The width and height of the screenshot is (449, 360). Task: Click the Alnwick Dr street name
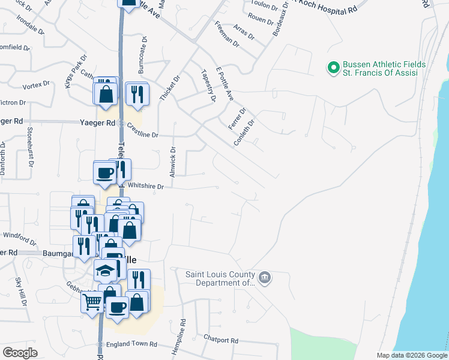click(172, 159)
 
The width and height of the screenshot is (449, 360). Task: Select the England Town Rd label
click(131, 344)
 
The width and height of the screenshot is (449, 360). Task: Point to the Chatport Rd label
click(221, 340)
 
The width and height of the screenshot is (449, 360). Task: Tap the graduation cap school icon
click(105, 271)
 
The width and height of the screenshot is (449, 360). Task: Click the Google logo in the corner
click(20, 353)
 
